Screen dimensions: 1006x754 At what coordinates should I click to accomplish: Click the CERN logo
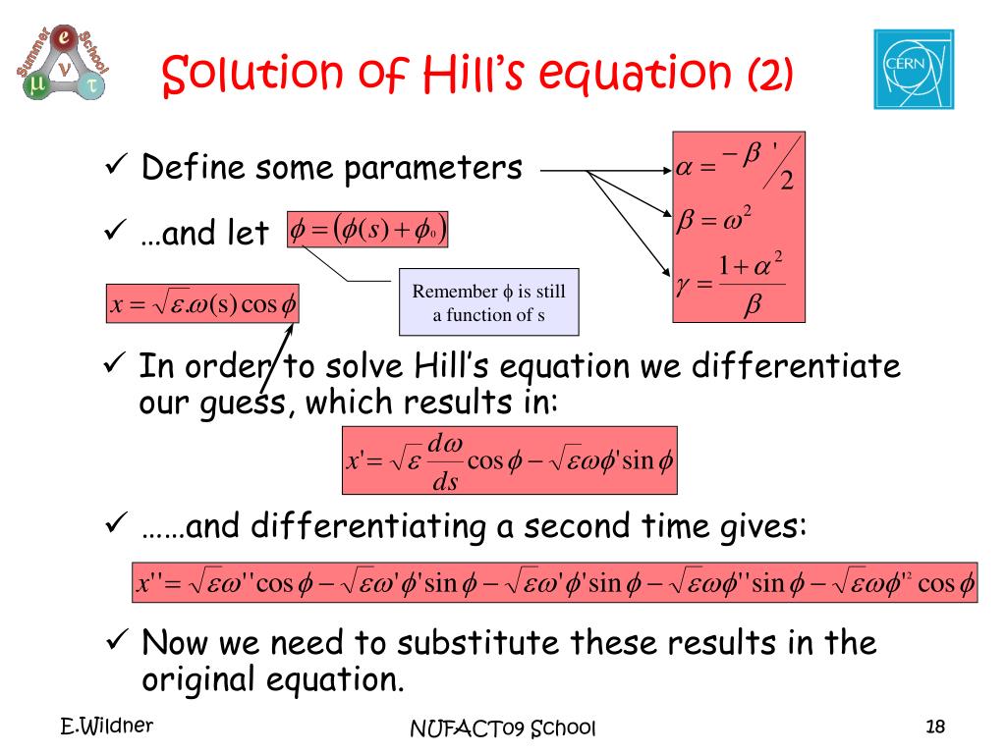click(914, 70)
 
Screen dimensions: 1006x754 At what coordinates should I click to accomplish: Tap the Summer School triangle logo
click(62, 62)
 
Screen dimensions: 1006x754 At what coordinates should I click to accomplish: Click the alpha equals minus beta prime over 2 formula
click(738, 165)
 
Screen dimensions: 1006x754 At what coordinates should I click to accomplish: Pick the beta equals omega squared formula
click(714, 219)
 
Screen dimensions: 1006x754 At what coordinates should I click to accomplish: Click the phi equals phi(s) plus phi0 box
click(367, 230)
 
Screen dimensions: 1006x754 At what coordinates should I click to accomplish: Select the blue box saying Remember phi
click(489, 302)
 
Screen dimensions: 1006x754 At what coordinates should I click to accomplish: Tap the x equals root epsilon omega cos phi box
click(202, 303)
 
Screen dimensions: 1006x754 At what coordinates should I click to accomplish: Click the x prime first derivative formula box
click(510, 460)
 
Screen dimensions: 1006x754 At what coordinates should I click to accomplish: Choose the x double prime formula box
click(555, 582)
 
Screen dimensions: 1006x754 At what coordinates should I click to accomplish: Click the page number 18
click(935, 727)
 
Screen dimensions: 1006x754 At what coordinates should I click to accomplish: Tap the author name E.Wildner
click(106, 726)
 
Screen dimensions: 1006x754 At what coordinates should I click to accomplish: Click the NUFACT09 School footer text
click(503, 728)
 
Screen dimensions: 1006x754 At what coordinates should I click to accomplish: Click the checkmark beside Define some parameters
click(116, 165)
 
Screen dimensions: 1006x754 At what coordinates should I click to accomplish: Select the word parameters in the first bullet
click(433, 169)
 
